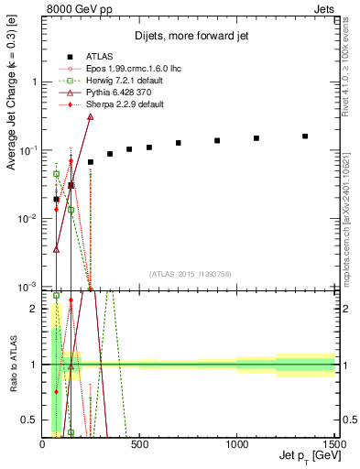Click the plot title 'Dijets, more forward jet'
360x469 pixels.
click(189, 36)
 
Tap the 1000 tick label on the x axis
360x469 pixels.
click(237, 445)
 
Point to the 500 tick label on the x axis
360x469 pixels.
click(140, 445)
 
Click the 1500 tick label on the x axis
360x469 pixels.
click(333, 445)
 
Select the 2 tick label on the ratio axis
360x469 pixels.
click(35, 309)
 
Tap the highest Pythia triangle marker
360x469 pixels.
click(90, 116)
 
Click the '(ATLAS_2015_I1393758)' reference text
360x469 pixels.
click(190, 273)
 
